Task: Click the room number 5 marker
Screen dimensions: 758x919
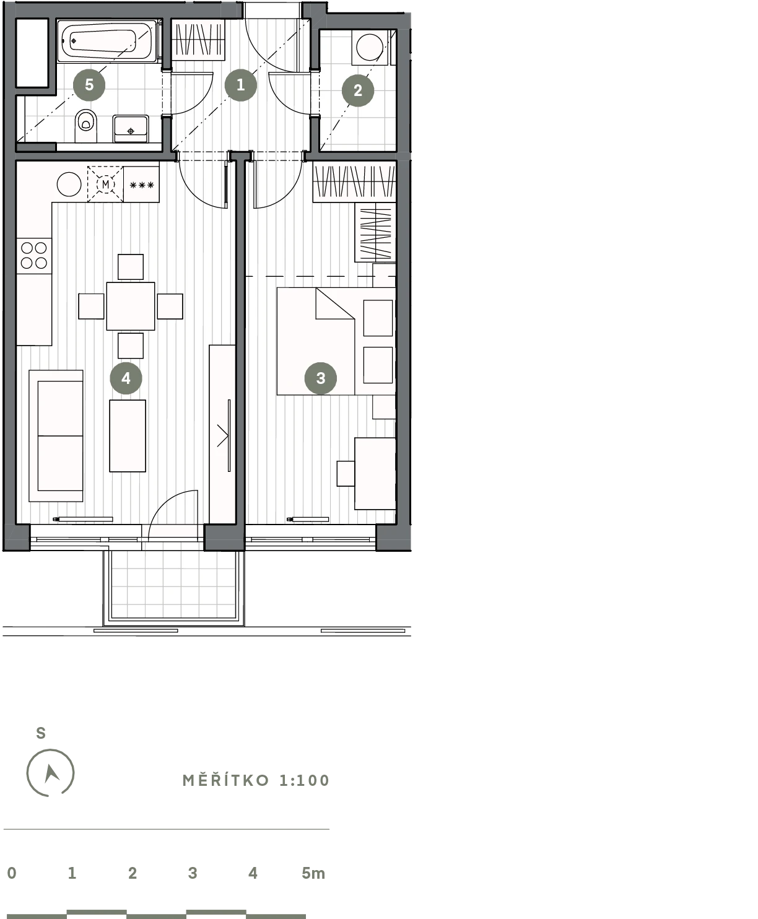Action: point(89,84)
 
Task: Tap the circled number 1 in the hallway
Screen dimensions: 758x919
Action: point(240,84)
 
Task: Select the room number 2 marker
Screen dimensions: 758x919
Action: point(358,90)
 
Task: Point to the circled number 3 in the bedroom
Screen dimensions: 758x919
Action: point(320,378)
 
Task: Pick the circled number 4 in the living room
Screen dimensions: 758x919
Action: point(126,378)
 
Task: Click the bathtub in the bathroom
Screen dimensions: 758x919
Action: point(107,41)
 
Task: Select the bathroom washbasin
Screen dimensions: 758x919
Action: point(130,129)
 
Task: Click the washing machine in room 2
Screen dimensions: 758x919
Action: point(370,48)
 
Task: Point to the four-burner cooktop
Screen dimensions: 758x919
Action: point(34,255)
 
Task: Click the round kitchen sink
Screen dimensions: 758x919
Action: point(69,185)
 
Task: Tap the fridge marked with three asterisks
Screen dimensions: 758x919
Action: point(141,185)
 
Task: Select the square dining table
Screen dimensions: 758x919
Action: point(130,306)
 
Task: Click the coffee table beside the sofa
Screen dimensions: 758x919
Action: point(127,436)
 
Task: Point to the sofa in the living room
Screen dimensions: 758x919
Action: point(56,436)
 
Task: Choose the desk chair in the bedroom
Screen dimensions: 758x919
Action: point(346,474)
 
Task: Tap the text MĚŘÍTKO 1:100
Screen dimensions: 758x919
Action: point(256,780)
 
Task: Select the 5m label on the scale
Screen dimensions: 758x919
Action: point(313,873)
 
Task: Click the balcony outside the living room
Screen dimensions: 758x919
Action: point(173,588)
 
